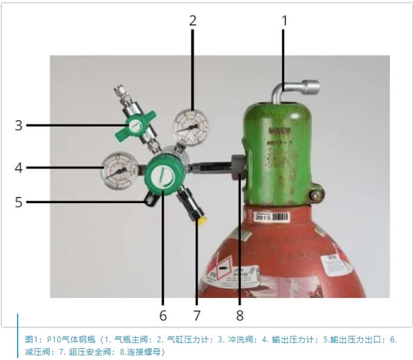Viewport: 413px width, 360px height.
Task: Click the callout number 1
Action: [x=284, y=20]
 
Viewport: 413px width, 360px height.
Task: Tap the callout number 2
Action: [x=193, y=20]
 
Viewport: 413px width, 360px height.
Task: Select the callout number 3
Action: [x=19, y=124]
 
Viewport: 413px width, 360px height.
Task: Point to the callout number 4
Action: [x=19, y=168]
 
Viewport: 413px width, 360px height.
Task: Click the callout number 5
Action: [x=19, y=202]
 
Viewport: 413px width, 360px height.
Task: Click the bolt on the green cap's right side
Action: [x=318, y=193]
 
